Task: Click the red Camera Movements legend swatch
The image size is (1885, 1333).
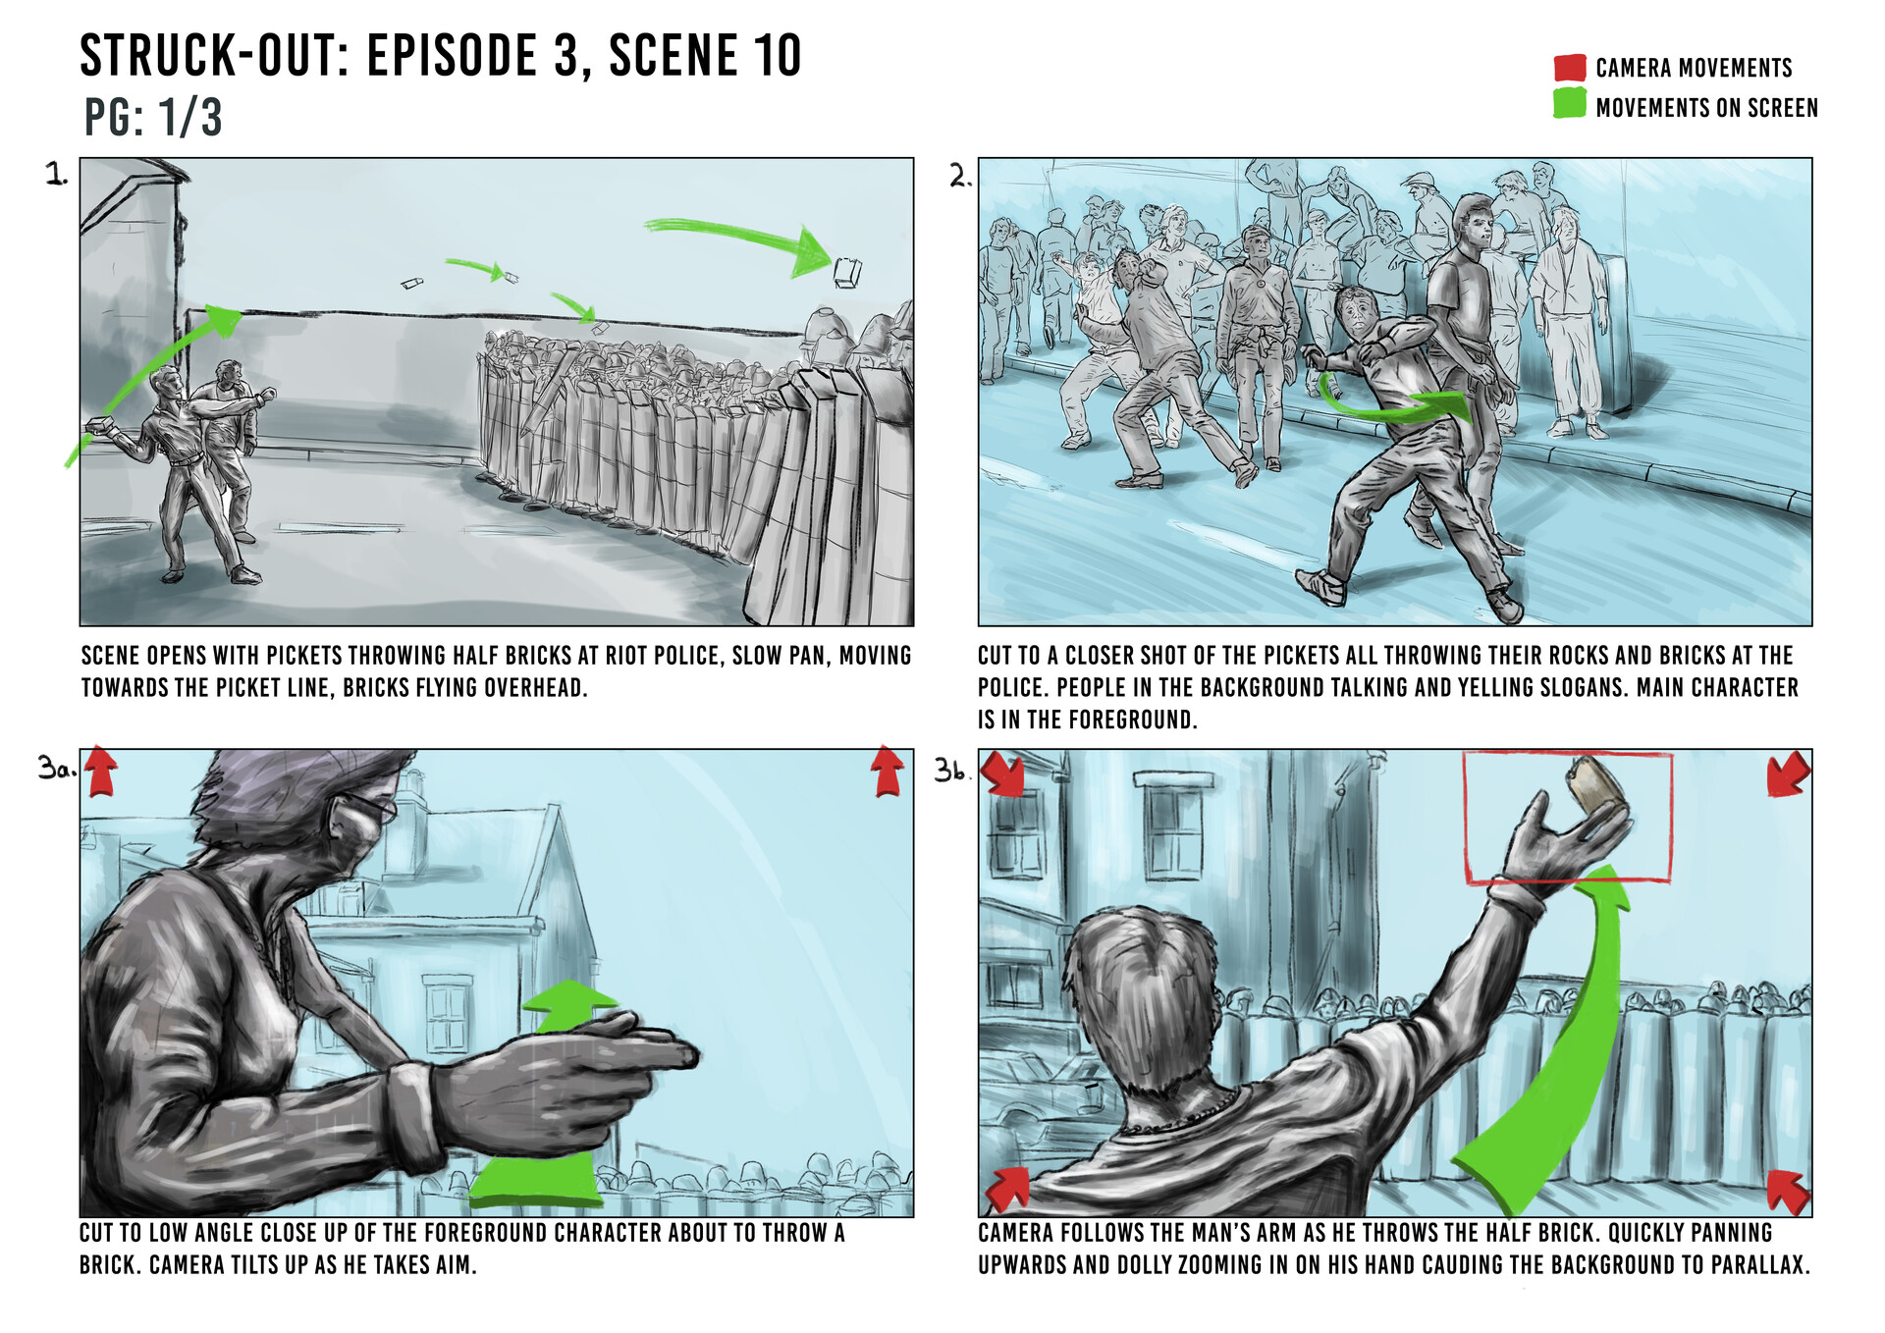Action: (1570, 68)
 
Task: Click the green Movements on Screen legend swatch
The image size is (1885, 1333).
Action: (1570, 104)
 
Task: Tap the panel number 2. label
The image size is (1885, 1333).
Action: (959, 177)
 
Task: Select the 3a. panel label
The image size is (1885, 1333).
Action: (56, 768)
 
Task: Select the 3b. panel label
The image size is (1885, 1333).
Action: (951, 771)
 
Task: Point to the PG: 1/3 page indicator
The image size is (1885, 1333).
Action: (152, 118)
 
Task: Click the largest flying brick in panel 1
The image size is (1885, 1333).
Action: (847, 272)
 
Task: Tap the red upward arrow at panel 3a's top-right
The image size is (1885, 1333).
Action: (888, 771)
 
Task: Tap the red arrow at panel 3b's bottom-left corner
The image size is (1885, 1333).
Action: (1006, 1190)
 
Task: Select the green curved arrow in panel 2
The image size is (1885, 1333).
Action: (1394, 406)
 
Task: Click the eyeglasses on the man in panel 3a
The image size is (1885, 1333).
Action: (368, 808)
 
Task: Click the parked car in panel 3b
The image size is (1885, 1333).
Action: (1031, 1099)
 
